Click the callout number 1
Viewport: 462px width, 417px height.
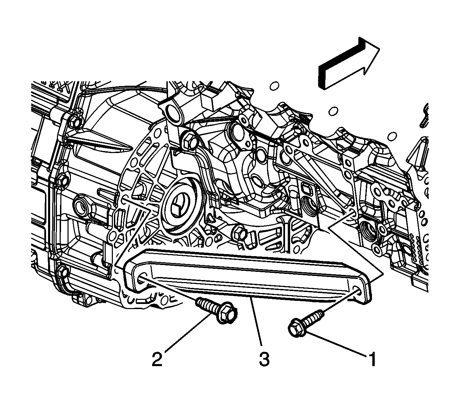pyautogui.click(x=372, y=359)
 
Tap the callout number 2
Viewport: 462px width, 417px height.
pyautogui.click(x=157, y=359)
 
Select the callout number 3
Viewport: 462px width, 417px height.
pyautogui.click(x=264, y=359)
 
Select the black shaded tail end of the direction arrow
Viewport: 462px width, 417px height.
pyautogui.click(x=322, y=77)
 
